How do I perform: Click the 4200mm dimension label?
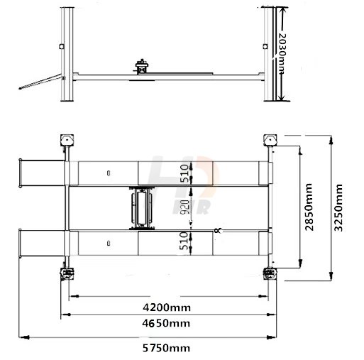click(167, 307)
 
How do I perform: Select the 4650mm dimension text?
click(166, 323)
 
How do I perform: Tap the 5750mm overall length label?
click(166, 348)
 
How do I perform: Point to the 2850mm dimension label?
click(309, 207)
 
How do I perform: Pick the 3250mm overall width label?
click(338, 207)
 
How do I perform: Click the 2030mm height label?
click(282, 53)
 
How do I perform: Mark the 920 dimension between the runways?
click(185, 207)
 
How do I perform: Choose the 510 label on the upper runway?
click(184, 173)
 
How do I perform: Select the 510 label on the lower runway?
click(184, 241)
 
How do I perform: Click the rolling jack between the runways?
click(142, 208)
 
